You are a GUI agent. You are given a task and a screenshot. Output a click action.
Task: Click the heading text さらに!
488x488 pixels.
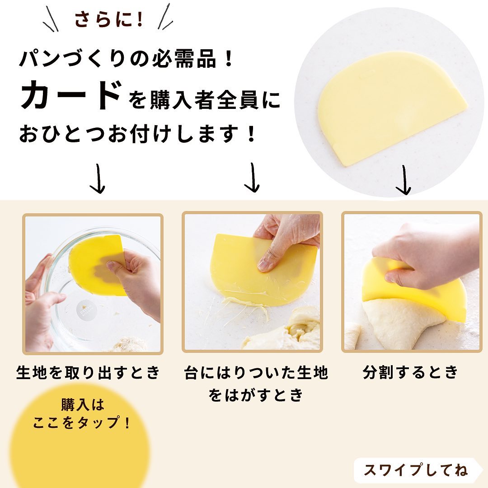coord(108,19)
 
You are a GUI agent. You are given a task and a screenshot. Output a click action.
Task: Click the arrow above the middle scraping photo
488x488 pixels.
coord(252,178)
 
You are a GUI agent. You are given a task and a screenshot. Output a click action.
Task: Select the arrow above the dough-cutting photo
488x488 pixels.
coord(404,180)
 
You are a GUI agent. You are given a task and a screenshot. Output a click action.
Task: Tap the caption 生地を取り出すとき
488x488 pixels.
coord(88,372)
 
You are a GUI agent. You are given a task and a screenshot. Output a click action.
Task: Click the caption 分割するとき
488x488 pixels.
coord(411,372)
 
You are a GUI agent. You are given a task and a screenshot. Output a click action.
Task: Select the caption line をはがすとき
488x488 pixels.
coord(256,395)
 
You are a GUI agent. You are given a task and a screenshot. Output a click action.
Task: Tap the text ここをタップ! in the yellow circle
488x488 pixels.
coord(81,422)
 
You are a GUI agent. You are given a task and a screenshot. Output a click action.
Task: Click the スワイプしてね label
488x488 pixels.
coord(416,469)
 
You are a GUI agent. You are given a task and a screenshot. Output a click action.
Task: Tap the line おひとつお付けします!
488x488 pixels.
coord(137,134)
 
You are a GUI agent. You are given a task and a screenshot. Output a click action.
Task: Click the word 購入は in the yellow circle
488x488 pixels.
coord(83,404)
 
